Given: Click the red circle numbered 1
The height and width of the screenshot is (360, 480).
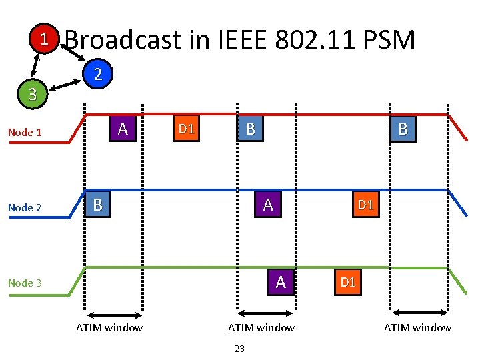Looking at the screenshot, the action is click(43, 38).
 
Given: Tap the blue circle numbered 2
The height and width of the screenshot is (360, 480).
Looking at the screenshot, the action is click(97, 73).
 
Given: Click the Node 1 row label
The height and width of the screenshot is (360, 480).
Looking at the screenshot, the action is click(25, 132).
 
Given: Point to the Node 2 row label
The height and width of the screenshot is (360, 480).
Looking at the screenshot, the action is click(25, 207).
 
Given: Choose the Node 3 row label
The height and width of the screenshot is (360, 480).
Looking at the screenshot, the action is click(25, 283).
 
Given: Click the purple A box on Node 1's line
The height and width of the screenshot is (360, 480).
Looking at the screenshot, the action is click(123, 129).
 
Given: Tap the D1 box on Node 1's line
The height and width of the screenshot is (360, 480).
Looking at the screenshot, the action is click(186, 129).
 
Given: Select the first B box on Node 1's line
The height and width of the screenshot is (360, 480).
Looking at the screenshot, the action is click(250, 129).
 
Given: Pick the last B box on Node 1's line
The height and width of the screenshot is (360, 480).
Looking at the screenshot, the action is click(402, 129).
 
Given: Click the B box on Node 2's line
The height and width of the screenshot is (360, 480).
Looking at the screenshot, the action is click(97, 205).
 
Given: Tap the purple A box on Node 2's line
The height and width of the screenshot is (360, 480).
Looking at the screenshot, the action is click(267, 205).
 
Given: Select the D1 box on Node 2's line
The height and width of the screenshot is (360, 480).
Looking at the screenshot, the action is click(365, 205).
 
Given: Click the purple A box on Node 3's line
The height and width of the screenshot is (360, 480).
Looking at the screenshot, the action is click(280, 282).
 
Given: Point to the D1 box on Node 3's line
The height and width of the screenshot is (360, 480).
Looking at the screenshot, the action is click(347, 282).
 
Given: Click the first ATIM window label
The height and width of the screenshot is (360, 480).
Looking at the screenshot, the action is click(109, 327).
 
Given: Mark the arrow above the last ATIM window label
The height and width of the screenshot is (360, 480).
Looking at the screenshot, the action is click(421, 312).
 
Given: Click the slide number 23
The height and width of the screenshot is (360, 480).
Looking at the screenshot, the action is click(240, 348).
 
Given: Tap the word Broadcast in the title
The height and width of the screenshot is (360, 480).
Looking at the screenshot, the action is click(123, 40).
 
